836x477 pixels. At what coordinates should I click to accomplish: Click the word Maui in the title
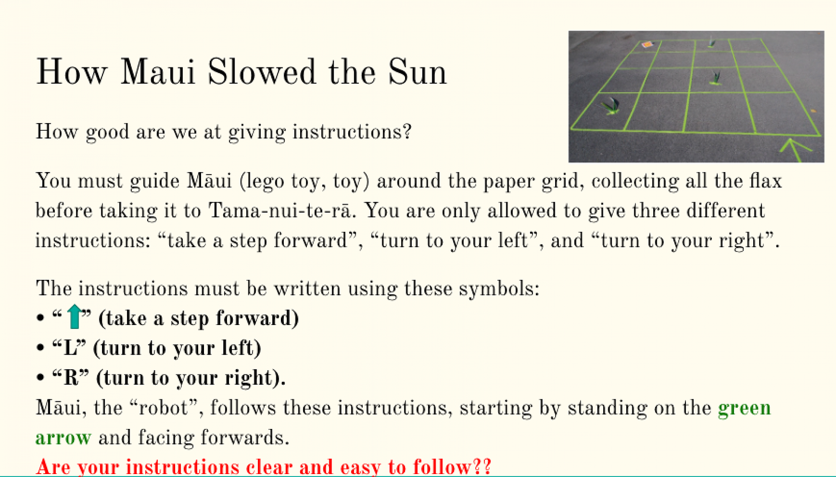click(x=158, y=72)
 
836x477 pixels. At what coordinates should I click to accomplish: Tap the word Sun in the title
click(x=418, y=72)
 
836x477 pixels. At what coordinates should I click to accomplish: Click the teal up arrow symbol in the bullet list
click(x=74, y=317)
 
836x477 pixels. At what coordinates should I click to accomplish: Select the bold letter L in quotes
click(x=70, y=348)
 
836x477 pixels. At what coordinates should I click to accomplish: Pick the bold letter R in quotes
click(x=71, y=378)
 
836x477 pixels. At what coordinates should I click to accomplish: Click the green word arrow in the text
click(x=63, y=438)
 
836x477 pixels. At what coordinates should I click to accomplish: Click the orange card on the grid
click(x=647, y=44)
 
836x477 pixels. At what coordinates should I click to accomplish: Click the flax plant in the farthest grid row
click(x=711, y=42)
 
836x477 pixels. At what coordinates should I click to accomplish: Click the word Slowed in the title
click(x=262, y=72)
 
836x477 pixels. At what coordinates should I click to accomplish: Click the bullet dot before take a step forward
click(x=40, y=318)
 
